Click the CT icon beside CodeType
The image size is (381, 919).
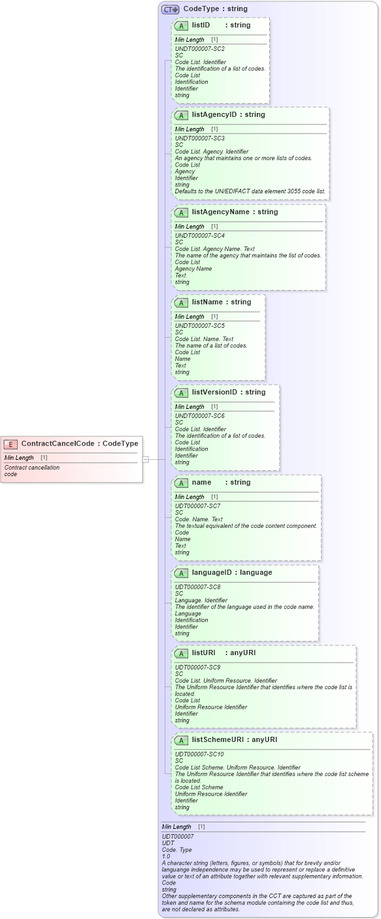pyautogui.click(x=171, y=10)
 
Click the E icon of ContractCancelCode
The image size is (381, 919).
pyautogui.click(x=10, y=444)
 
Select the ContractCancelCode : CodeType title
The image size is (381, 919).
pyautogui.click(x=80, y=444)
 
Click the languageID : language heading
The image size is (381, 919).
pyautogui.click(x=231, y=573)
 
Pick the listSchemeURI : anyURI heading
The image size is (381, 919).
pyautogui.click(x=234, y=740)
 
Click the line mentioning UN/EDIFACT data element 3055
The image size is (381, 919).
pyautogui.click(x=250, y=191)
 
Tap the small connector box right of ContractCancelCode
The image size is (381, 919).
pyautogui.click(x=146, y=459)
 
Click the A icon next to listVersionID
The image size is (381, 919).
pyautogui.click(x=182, y=393)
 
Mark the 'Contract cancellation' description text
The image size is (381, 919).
pyautogui.click(x=31, y=468)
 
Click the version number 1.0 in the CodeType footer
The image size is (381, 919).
pyautogui.click(x=167, y=856)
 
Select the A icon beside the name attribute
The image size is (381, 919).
pyautogui.click(x=182, y=483)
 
